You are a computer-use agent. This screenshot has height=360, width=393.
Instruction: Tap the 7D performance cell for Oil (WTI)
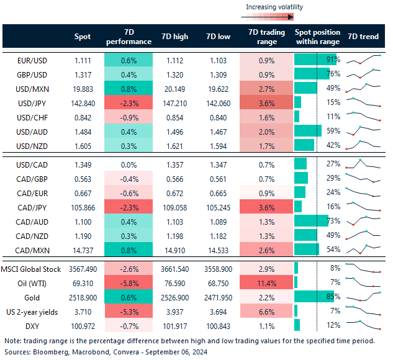(129, 282)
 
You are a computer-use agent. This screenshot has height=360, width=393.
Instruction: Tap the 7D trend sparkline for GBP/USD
(363, 74)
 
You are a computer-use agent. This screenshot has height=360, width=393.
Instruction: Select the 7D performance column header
(129, 37)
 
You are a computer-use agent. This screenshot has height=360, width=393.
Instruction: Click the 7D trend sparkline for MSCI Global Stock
(363, 268)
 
